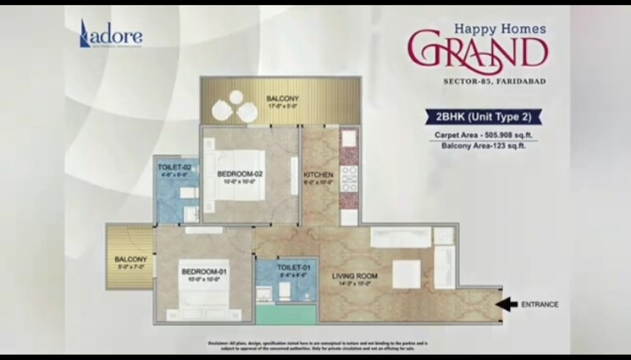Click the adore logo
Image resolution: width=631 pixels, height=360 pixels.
(110, 35)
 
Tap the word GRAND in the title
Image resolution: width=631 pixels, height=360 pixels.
(474, 51)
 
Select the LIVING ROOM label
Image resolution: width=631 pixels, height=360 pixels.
(355, 277)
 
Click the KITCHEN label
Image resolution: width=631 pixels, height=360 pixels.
(318, 174)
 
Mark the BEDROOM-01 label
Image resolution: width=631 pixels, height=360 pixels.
(204, 271)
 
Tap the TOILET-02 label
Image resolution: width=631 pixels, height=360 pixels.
(173, 168)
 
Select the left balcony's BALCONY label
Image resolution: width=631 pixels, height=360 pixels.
(131, 258)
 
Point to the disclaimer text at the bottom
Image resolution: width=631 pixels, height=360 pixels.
(315, 345)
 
